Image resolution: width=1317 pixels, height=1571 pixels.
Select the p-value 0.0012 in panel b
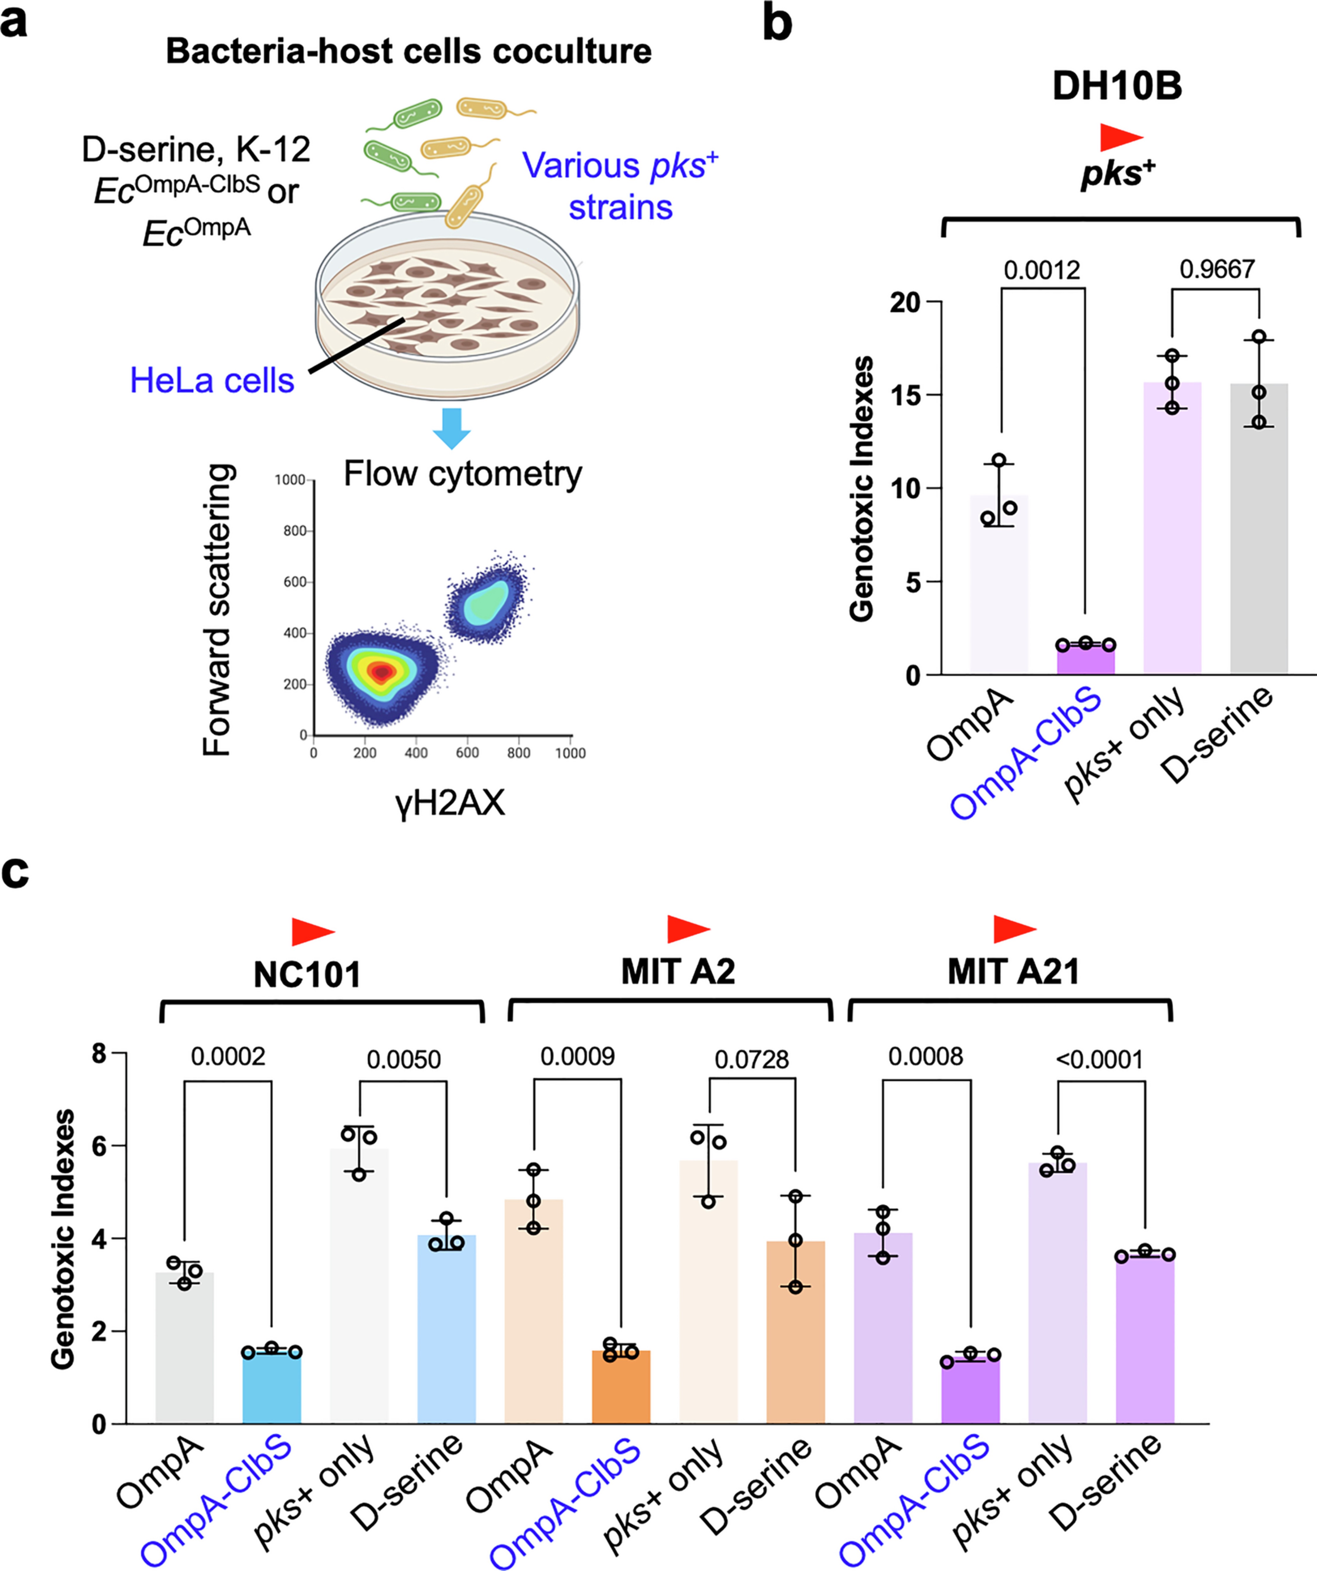(1042, 270)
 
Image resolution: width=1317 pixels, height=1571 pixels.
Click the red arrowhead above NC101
(312, 931)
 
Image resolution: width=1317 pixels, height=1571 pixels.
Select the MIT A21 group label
(1013, 972)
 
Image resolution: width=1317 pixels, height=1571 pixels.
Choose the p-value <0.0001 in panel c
(1099, 1059)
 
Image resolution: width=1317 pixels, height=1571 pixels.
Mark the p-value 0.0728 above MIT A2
(752, 1059)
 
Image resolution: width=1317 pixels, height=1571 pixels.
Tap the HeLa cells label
(212, 381)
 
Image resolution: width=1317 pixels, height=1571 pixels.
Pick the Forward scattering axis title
(218, 610)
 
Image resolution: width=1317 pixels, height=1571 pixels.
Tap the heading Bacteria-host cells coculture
(408, 52)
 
